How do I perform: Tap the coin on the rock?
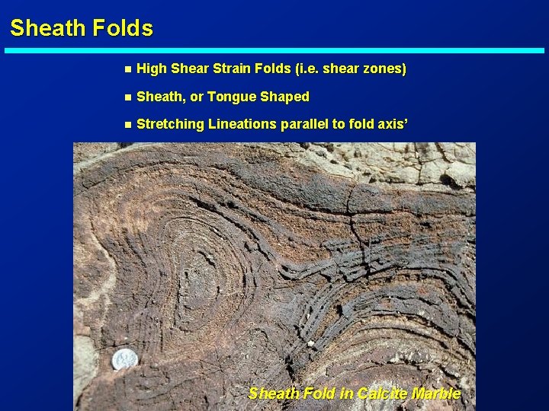click(x=123, y=358)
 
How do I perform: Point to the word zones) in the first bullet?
click(x=384, y=69)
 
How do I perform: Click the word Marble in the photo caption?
click(x=436, y=393)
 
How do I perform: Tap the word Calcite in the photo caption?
click(x=383, y=393)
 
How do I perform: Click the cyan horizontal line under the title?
click(x=274, y=51)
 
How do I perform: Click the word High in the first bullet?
click(x=152, y=69)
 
